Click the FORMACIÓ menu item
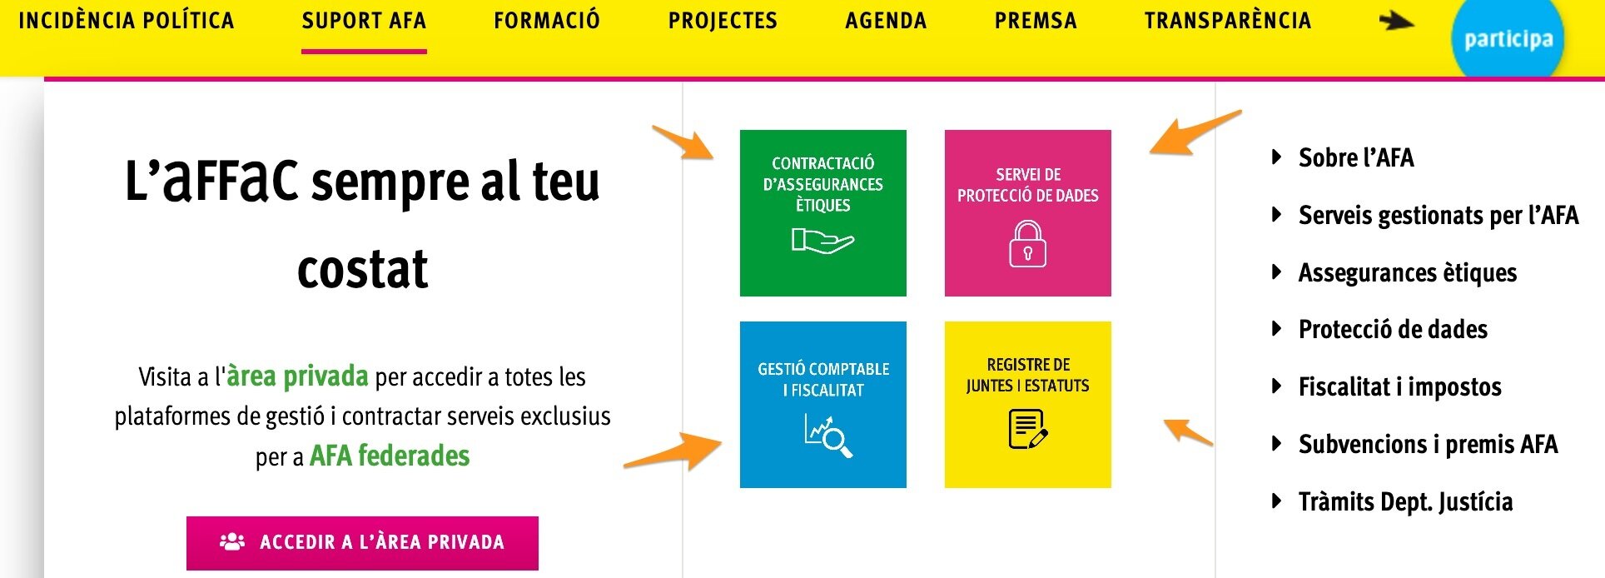546,21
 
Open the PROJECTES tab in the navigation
723,21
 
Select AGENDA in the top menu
886,21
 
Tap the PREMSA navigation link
1036,21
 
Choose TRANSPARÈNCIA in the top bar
1227,21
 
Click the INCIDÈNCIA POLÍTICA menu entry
127,21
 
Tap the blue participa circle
1508,38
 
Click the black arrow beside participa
1396,21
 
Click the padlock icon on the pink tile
1027,243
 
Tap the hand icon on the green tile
822,242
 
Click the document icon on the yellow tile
1027,430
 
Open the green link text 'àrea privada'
297,376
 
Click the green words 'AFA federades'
390,456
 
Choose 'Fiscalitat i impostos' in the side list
1399,387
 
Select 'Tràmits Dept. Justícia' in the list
1405,502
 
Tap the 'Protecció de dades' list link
1393,330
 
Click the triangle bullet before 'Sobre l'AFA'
1276,157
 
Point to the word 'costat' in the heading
363,270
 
